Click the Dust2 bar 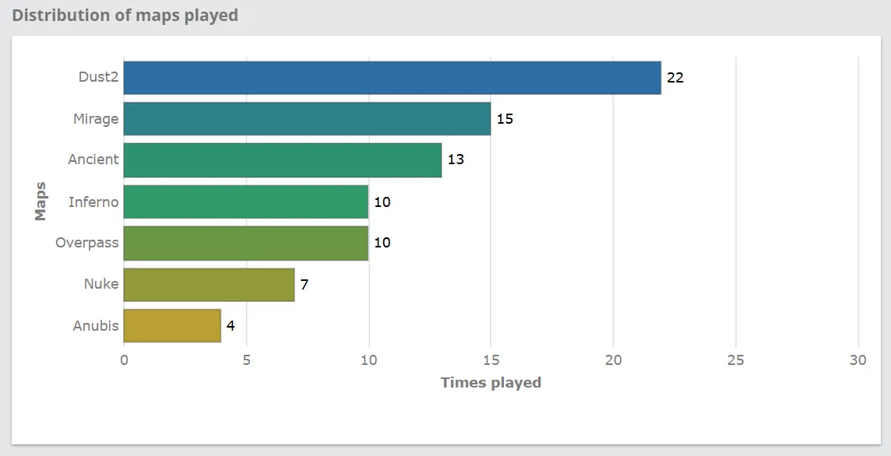click(x=392, y=78)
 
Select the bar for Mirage click(x=307, y=119)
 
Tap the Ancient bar click(x=283, y=160)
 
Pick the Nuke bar click(x=209, y=284)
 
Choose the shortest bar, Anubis click(x=172, y=325)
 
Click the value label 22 click(x=675, y=78)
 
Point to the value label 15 click(x=505, y=119)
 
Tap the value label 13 click(x=456, y=160)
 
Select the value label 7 click(x=305, y=284)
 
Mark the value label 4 click(x=231, y=325)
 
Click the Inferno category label click(x=93, y=202)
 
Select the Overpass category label click(x=87, y=243)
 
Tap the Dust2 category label click(x=98, y=77)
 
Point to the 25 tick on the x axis click(x=735, y=360)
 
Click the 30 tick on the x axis click(x=858, y=360)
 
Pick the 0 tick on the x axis click(x=124, y=360)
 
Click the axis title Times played click(x=491, y=382)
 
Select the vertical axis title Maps click(x=41, y=202)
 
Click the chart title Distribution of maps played click(x=125, y=16)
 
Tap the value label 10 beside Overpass click(x=382, y=243)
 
